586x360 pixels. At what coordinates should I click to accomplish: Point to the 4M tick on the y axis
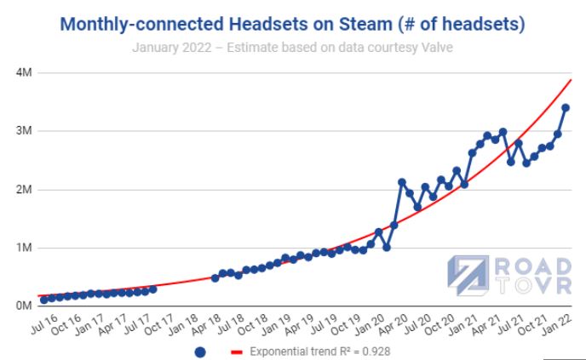23,73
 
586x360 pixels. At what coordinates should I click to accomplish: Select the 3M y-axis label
23,132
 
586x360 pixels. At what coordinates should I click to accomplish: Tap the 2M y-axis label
23,190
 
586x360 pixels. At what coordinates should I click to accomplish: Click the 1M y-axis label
23,249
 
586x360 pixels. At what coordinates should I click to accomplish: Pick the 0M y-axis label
23,306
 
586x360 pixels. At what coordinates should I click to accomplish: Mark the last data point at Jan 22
565,107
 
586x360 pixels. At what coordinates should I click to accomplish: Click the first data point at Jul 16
43,300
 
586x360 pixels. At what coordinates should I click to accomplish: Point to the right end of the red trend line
571,79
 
